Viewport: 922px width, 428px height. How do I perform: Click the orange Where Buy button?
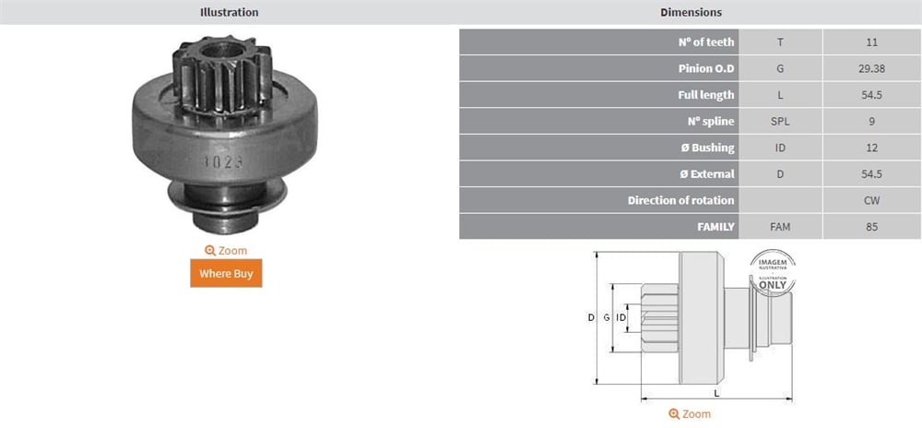click(x=226, y=273)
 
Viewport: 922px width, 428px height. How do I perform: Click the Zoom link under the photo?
click(x=226, y=251)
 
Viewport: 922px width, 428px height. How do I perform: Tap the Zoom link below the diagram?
click(x=689, y=414)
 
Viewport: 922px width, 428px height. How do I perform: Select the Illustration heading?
click(x=230, y=12)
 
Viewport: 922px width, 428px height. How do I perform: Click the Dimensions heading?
click(x=691, y=12)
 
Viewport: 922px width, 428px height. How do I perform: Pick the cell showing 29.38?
click(x=872, y=68)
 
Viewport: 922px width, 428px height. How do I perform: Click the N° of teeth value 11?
click(x=872, y=42)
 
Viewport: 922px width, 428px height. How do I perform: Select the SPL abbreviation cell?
click(x=780, y=121)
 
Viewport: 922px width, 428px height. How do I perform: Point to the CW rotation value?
click(x=872, y=200)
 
